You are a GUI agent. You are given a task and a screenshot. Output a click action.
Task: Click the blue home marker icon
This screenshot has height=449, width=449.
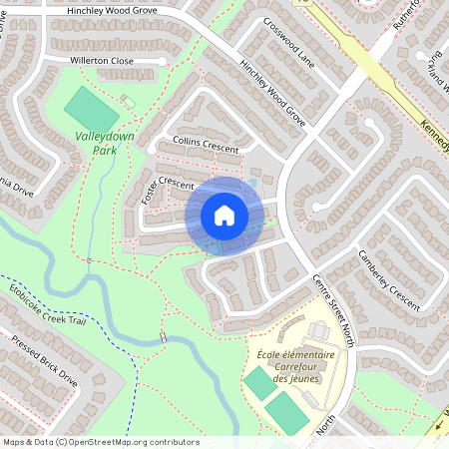(x=224, y=216)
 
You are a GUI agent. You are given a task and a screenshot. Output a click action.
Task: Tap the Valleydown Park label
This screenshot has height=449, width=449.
(x=98, y=142)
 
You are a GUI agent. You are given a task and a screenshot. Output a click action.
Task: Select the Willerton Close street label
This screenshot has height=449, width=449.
(x=102, y=61)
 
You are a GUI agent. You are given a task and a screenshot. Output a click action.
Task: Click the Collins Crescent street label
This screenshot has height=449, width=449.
(x=206, y=145)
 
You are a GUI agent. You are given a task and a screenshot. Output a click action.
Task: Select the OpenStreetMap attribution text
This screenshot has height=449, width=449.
(x=100, y=441)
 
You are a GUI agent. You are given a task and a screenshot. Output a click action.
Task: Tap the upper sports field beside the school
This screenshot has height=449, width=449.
(x=257, y=382)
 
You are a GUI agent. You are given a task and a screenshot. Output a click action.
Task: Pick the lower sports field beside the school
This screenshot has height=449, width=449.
(x=286, y=411)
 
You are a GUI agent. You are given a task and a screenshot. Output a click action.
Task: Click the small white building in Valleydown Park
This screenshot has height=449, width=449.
(x=128, y=102)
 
